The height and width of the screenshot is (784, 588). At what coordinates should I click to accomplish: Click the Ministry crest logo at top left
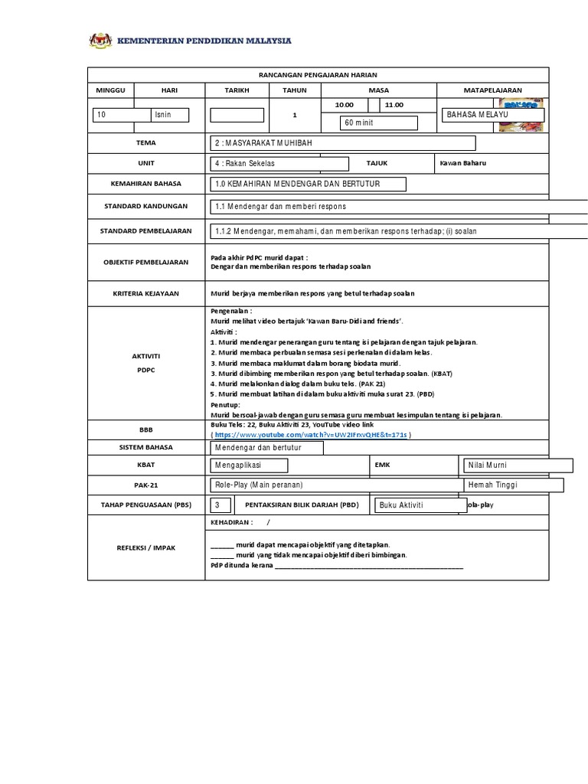click(x=100, y=41)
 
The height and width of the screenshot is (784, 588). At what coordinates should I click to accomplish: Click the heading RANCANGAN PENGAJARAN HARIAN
click(x=318, y=74)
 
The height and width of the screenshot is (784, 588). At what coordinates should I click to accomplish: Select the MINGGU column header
click(x=110, y=90)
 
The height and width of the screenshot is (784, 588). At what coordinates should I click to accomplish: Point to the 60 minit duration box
click(x=379, y=123)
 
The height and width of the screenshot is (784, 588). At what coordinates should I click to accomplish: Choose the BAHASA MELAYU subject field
click(x=494, y=115)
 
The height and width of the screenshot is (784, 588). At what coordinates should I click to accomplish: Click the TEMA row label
click(x=145, y=143)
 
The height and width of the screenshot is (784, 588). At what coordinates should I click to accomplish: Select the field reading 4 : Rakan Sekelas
click(x=279, y=164)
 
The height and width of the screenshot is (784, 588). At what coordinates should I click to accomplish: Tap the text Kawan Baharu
click(x=463, y=163)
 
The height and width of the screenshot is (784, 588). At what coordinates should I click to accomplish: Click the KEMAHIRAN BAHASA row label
click(x=145, y=185)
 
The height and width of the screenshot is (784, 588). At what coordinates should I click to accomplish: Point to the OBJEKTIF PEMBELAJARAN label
click(x=145, y=262)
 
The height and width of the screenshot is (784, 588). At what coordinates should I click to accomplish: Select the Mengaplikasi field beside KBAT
click(x=249, y=465)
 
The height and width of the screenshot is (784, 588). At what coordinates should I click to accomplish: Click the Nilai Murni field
click(x=518, y=465)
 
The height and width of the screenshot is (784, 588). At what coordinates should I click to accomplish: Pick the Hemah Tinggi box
click(x=513, y=485)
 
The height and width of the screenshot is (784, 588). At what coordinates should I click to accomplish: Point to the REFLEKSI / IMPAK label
click(x=145, y=547)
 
